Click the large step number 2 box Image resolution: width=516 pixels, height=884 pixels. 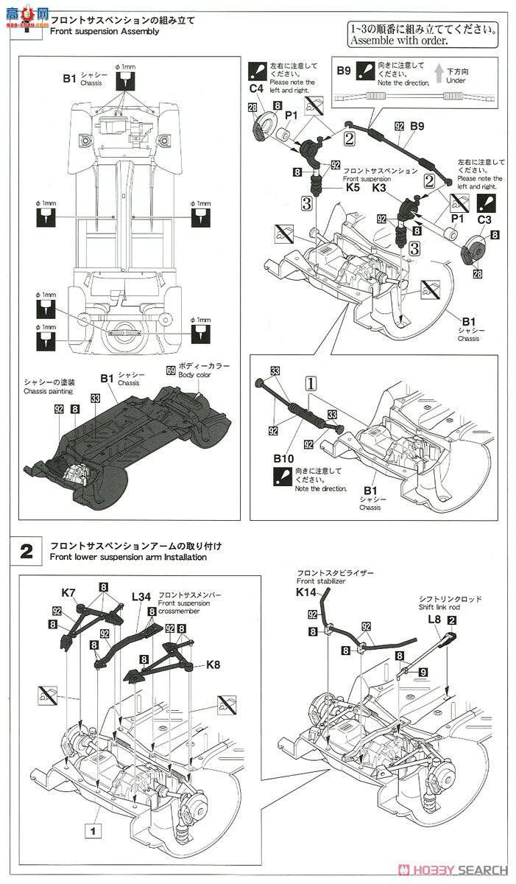point(26,551)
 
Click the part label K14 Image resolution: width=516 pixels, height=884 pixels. point(306,592)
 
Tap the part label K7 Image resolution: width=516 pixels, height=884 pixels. point(68,592)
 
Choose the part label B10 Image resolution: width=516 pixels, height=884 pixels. point(283,457)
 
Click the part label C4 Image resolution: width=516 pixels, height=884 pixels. point(256,89)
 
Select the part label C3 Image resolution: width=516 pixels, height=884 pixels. point(484,220)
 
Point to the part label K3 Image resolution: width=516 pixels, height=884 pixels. point(380,188)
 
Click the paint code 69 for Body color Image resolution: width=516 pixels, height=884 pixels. point(172,366)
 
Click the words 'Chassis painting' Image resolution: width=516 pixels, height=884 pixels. point(48,392)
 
